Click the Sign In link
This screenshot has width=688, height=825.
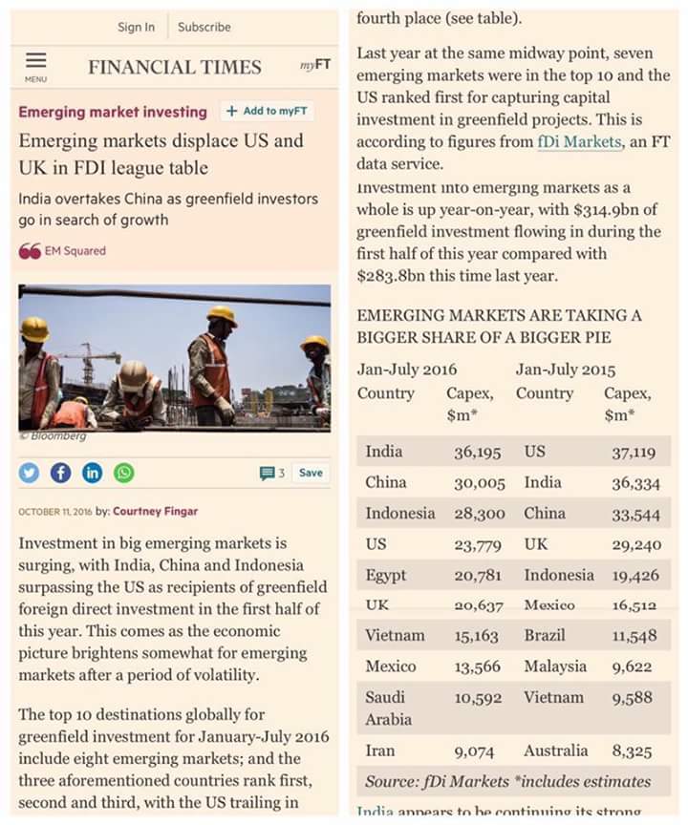tap(136, 27)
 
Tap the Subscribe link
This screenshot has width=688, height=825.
tap(204, 27)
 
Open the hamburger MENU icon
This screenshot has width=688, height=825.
tap(35, 63)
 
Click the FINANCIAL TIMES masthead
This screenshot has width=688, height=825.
tap(174, 67)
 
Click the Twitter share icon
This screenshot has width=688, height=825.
tap(30, 473)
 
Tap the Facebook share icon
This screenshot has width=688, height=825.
tap(60, 473)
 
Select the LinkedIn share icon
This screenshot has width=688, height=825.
tap(92, 473)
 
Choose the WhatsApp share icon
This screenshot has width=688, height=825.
tap(123, 473)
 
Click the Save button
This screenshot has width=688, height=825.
tap(311, 473)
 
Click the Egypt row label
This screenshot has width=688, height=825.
tap(385, 575)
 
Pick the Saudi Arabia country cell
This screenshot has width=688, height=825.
tap(385, 708)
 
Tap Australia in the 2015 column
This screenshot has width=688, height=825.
tap(556, 751)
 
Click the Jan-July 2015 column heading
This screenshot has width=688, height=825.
tap(566, 370)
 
